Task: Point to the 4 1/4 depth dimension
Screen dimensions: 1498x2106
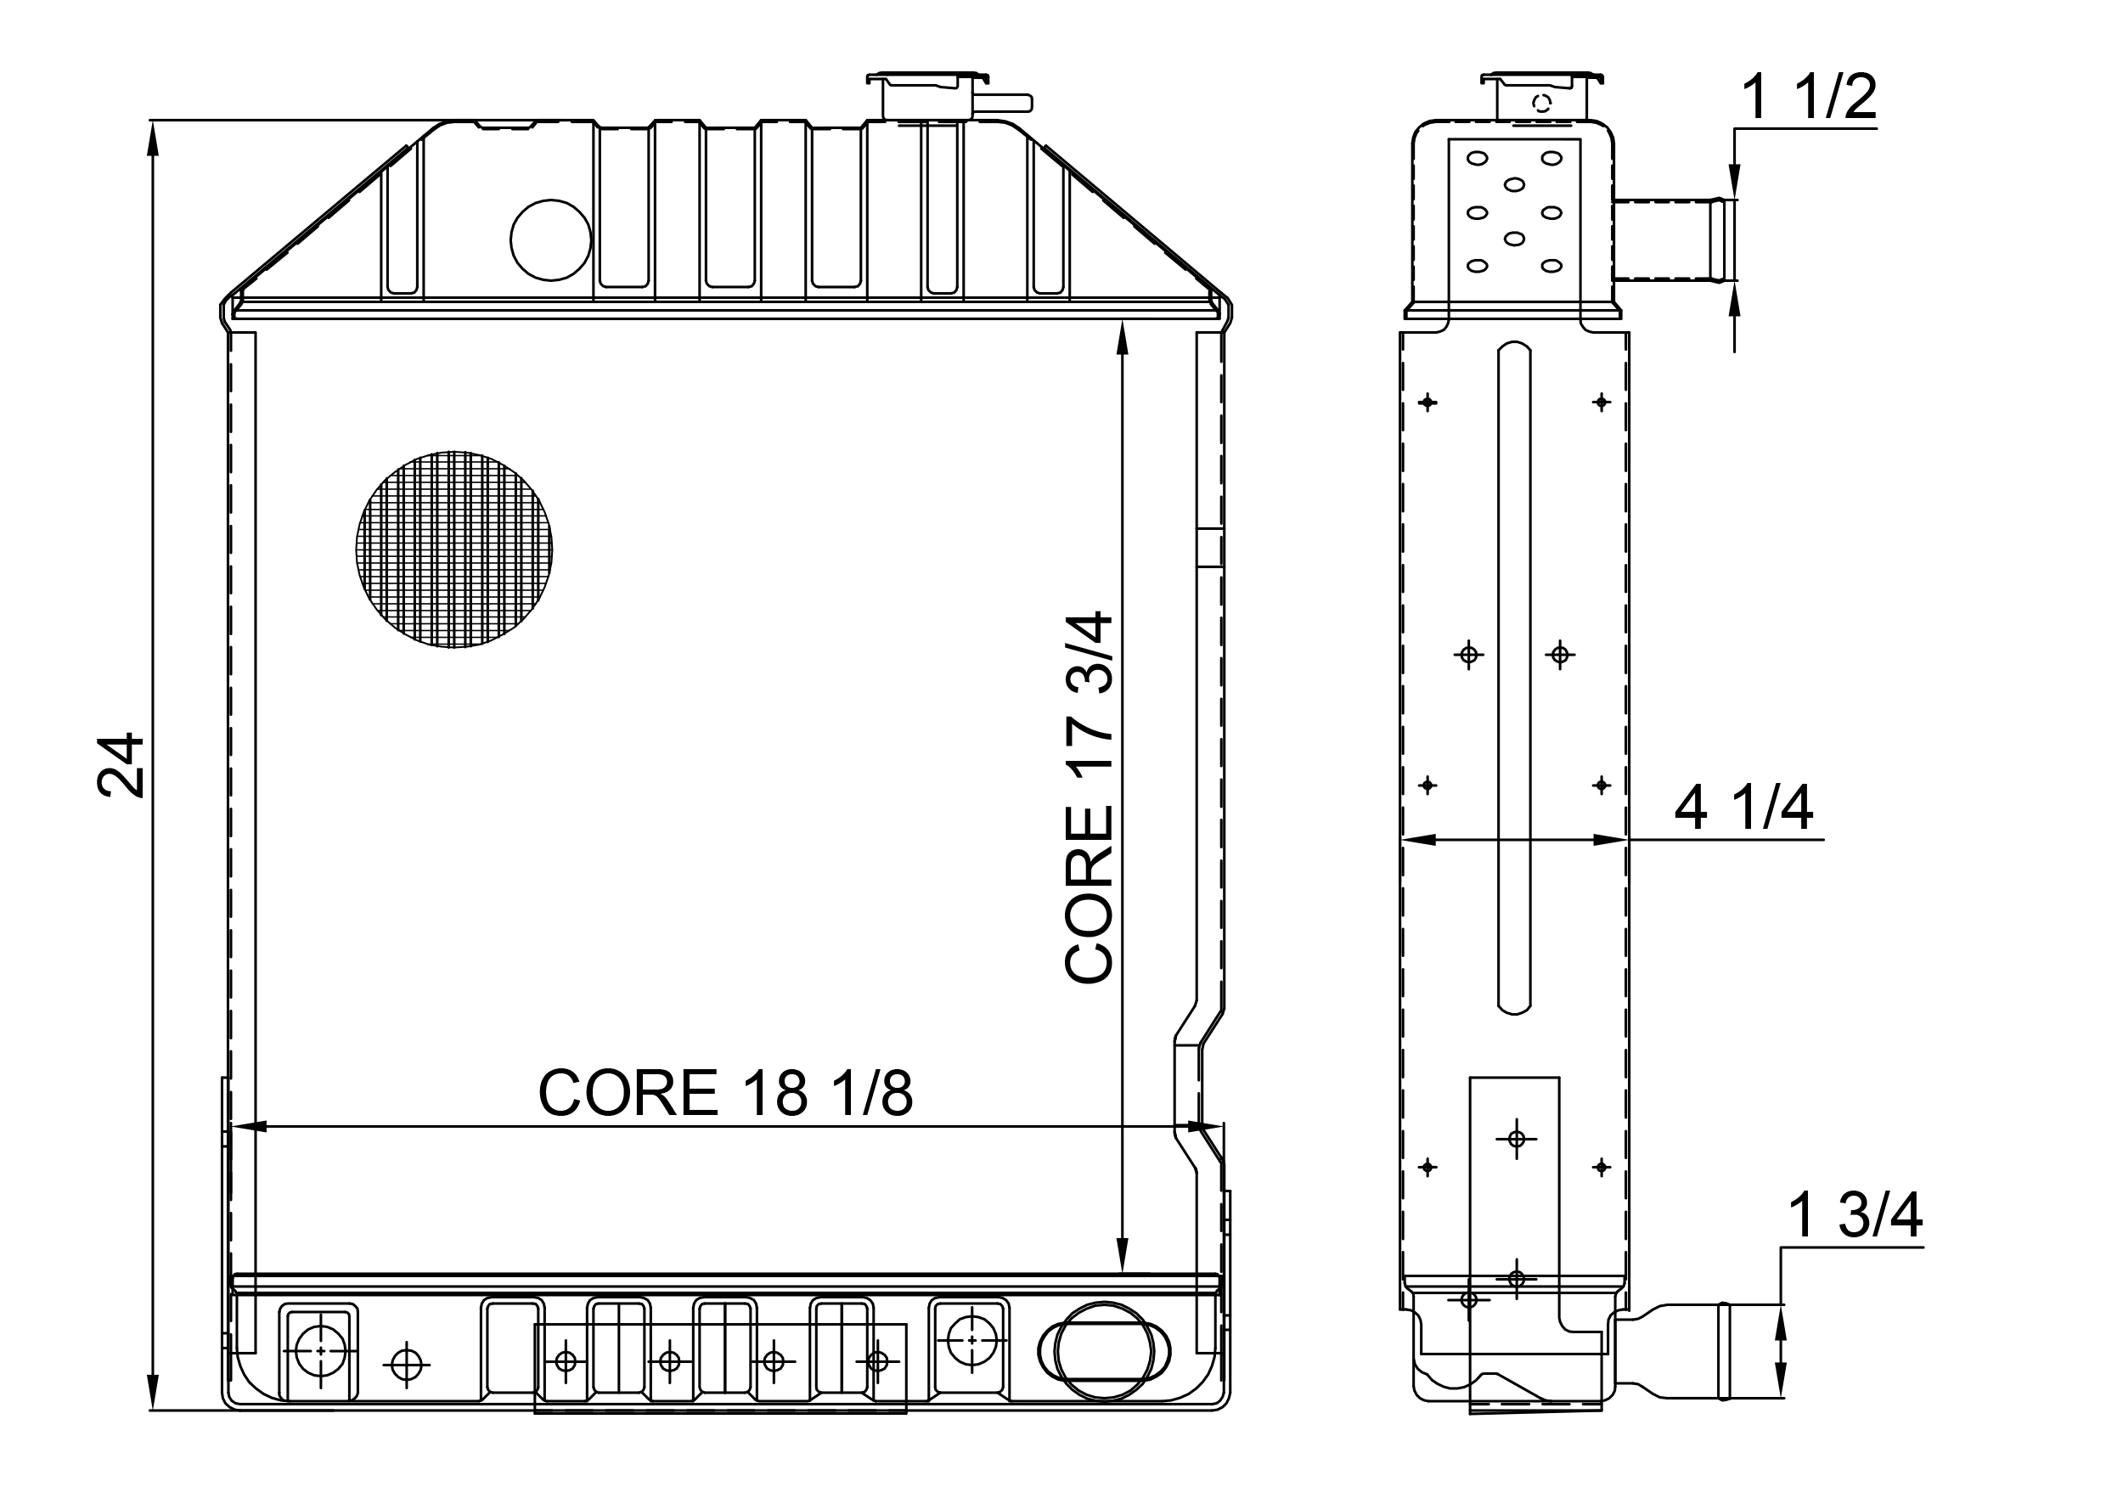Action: [x=1743, y=808]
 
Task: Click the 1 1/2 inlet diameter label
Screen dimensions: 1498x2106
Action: [x=1808, y=98]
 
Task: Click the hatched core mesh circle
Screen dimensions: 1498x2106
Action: [x=453, y=549]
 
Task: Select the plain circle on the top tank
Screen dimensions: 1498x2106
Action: [x=551, y=239]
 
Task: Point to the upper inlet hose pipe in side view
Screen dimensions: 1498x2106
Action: [x=1671, y=239]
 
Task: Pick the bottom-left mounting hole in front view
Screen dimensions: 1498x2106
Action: [x=319, y=1350]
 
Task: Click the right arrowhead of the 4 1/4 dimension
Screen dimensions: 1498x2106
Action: [x=1610, y=839]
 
